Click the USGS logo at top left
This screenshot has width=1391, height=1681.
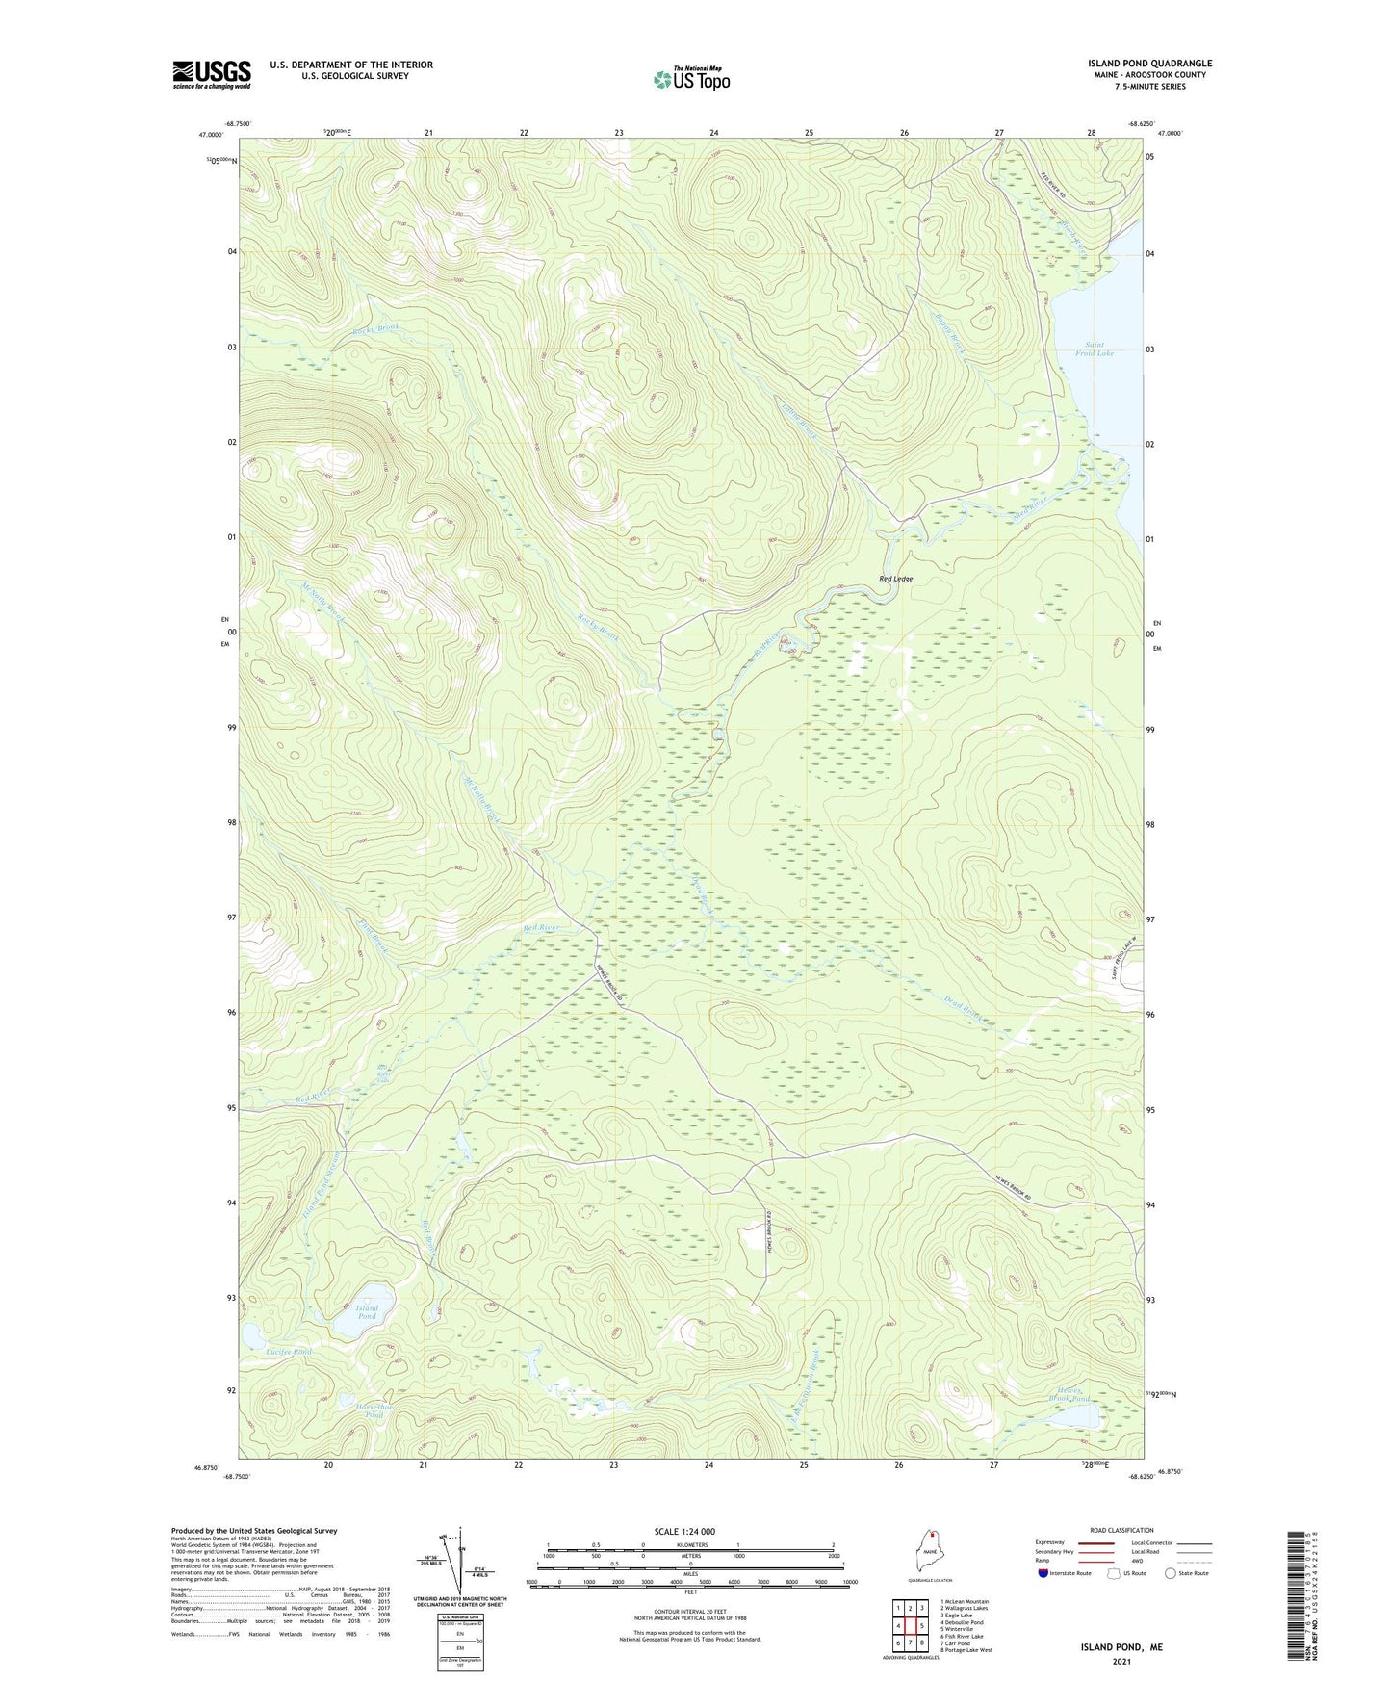point(212,74)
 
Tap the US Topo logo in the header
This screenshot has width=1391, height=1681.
point(690,79)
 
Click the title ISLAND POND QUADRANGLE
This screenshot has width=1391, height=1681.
point(1149,64)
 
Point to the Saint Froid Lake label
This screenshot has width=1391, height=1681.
point(1098,349)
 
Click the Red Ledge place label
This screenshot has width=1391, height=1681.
point(895,579)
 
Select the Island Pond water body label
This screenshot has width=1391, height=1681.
point(367,1313)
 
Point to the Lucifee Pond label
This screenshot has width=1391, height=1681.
point(289,1353)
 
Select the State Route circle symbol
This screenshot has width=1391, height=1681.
point(1170,1573)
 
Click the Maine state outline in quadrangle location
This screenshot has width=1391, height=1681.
point(930,1552)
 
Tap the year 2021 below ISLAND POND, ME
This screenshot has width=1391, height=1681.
point(1121,1662)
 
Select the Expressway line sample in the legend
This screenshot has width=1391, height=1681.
point(1095,1542)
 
